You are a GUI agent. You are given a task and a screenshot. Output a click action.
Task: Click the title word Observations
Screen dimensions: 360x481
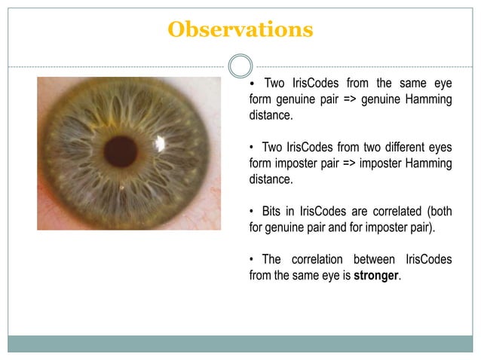[x=240, y=29]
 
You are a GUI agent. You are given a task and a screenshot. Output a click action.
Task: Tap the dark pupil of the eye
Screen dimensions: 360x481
[x=121, y=151]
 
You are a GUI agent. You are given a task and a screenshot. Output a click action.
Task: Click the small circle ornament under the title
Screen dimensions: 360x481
[x=240, y=66]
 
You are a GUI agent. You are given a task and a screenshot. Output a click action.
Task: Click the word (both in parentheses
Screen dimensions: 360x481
[x=438, y=210]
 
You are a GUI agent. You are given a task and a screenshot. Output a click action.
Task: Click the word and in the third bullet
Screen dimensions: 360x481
[x=341, y=227]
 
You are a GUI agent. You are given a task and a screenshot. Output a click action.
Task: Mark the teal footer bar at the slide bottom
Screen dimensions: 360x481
[x=240, y=343]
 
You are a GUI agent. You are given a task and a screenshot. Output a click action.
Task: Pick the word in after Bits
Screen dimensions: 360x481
[x=296, y=210]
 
